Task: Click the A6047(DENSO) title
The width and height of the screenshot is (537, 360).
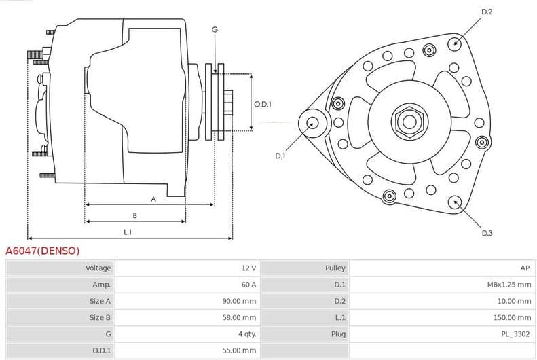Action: click(43, 251)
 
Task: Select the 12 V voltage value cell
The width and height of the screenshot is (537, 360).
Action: click(248, 268)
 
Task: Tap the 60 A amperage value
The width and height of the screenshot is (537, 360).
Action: click(248, 285)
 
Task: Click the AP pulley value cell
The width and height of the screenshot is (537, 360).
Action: click(525, 268)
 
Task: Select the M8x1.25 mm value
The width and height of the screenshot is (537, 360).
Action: click(509, 285)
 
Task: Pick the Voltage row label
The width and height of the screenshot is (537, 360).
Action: click(98, 268)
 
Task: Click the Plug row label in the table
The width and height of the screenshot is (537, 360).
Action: click(337, 334)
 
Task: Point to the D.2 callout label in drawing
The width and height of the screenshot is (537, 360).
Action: click(487, 12)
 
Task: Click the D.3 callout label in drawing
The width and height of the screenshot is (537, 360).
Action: click(487, 233)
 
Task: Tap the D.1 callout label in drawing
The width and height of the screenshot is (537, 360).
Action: click(280, 156)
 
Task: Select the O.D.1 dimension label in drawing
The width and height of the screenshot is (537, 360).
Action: click(263, 104)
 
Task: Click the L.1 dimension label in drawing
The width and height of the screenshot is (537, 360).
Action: click(128, 232)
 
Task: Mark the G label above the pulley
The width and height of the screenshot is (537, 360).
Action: click(215, 29)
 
